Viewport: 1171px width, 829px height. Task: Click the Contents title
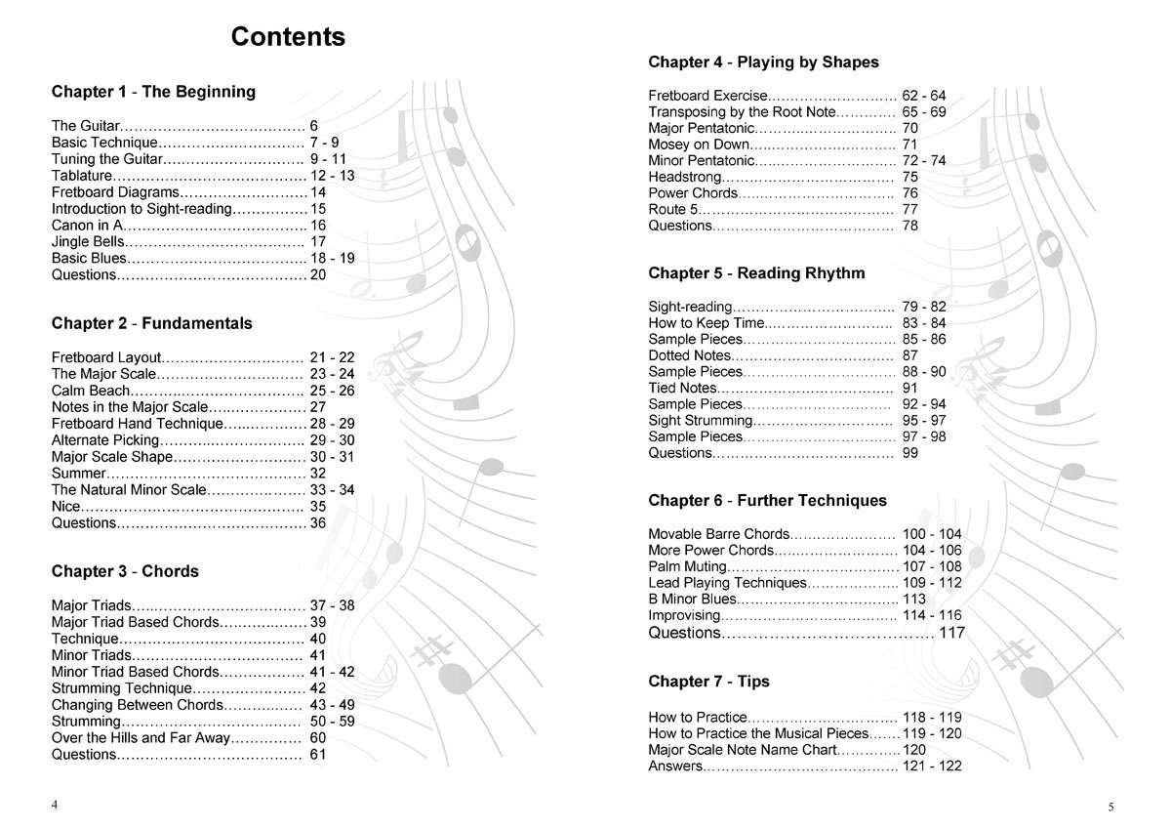(288, 38)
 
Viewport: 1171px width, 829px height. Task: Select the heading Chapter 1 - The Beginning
(153, 92)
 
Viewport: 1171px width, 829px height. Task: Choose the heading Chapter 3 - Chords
(125, 571)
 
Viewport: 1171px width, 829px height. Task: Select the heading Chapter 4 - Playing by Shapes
(763, 62)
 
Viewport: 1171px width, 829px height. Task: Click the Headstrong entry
(685, 177)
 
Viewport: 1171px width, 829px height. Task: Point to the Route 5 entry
(673, 209)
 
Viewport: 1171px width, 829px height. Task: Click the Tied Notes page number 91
(910, 388)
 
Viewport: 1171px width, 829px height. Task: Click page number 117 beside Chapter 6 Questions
(951, 633)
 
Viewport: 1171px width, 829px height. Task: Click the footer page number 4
(55, 804)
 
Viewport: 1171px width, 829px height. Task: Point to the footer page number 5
(1110, 807)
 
